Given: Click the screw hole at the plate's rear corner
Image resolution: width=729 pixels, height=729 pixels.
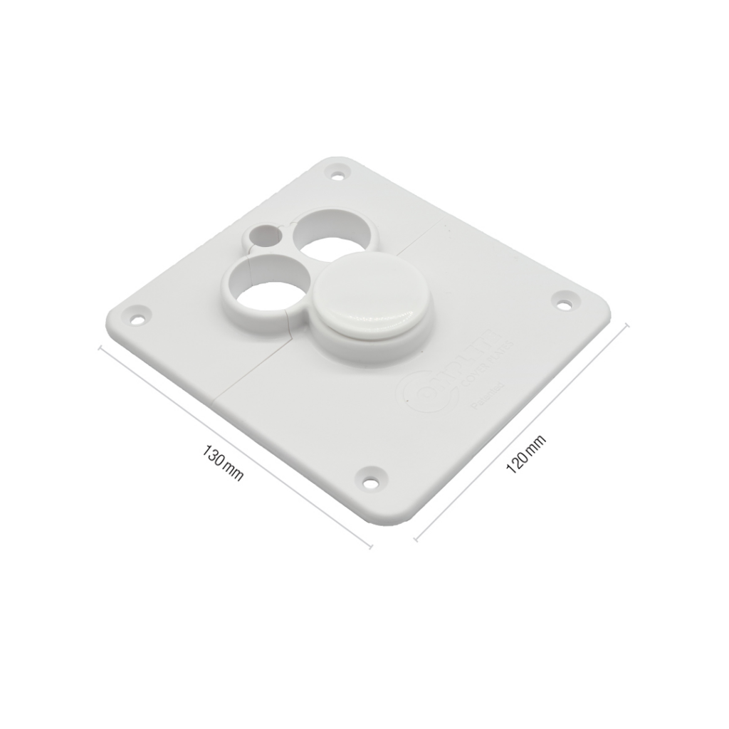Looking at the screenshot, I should (x=335, y=172).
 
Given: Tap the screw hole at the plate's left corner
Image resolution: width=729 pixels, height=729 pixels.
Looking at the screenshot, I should (x=136, y=314).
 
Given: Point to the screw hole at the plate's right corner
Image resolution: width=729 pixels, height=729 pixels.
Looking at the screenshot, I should (x=564, y=303).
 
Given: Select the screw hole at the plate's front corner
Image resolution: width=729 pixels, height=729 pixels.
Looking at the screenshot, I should (x=372, y=475).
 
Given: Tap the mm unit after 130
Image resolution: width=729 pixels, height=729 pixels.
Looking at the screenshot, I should (x=234, y=471).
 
